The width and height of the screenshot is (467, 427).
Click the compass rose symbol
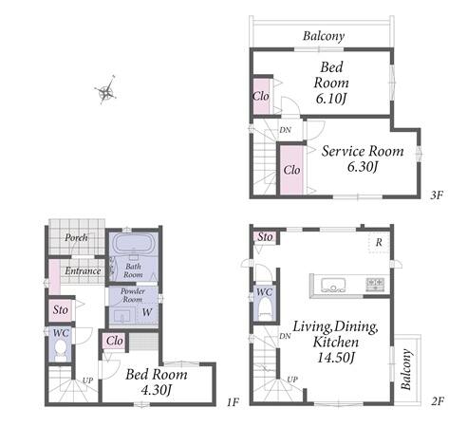coord(105,90)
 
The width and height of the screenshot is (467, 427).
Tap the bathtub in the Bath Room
coord(133,243)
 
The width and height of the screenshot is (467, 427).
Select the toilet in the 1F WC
coord(61,350)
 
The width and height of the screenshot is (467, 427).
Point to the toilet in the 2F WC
coord(265,309)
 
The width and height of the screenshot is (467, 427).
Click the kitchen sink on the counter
coord(332,285)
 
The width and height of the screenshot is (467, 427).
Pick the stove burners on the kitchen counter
coord(375,284)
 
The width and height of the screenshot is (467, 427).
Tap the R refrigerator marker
coord(379,243)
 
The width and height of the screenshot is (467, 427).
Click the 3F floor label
coord(437,195)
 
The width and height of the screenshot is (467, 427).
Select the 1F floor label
coord(233,402)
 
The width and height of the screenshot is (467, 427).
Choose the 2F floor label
coord(438,401)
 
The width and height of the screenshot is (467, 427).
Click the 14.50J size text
coord(336,358)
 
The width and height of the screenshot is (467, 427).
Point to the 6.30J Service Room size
coord(363,166)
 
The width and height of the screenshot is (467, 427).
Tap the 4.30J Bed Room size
coord(157,390)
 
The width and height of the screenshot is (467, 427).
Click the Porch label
coord(76,237)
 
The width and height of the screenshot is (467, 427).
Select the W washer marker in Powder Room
coord(147,312)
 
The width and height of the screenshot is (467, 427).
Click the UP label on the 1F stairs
coord(87,381)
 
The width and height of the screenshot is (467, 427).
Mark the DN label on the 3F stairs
coord(285,130)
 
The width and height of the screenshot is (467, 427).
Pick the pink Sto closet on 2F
coord(264,236)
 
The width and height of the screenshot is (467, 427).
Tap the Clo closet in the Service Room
coord(291,170)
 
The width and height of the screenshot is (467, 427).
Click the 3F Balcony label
coord(324,36)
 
